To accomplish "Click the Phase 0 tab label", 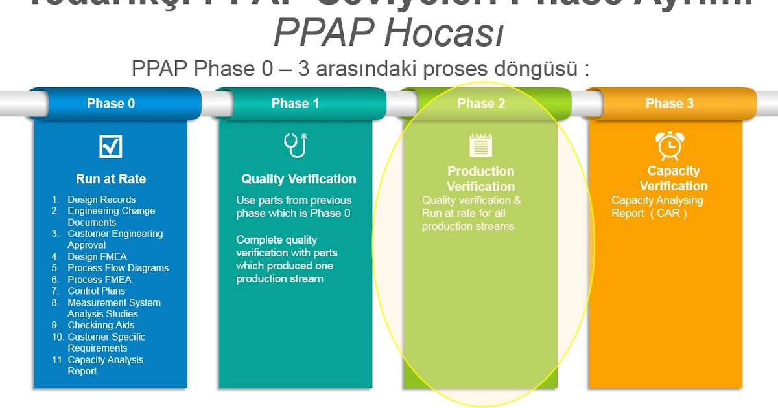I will pos(111,104).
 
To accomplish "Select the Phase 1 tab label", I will pos(295,104).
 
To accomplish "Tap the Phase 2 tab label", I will pos(481,104).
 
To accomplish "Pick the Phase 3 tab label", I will pos(670,104).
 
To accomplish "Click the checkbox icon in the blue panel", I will pos(111,146).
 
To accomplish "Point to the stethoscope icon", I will pos(296,145).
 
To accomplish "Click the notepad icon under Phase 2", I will pos(481,145).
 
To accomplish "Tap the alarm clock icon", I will pos(668,145).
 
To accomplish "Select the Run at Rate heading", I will pos(111,179).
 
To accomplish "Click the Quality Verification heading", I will pos(299,179).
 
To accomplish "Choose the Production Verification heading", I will pos(481,179).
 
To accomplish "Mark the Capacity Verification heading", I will pos(674,178).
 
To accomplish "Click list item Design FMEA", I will pos(97,256).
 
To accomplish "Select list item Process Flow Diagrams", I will pos(118,268).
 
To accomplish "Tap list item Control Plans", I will pos(97,291).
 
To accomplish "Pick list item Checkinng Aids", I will pos(101,325).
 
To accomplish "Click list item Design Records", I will pos(102,199).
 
